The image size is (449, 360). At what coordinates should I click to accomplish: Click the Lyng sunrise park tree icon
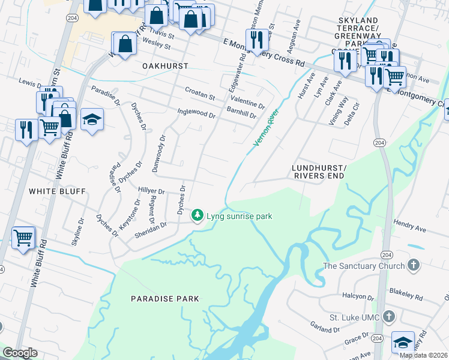pyautogui.click(x=197, y=215)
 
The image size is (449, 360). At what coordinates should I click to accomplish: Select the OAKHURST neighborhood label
pyautogui.click(x=165, y=65)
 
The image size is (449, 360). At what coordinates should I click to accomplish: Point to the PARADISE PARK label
pyautogui.click(x=165, y=298)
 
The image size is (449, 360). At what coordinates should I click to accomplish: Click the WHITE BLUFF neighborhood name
pyautogui.click(x=58, y=191)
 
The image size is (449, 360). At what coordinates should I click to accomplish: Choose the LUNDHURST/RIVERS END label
pyautogui.click(x=319, y=172)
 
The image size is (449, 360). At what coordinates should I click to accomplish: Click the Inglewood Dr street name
pyautogui.click(x=196, y=112)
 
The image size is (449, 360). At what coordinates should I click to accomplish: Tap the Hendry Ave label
pyautogui.click(x=410, y=226)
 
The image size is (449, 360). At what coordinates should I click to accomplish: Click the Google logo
pyautogui.click(x=20, y=353)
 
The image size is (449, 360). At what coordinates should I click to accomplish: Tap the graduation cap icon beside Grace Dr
pyautogui.click(x=403, y=342)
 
